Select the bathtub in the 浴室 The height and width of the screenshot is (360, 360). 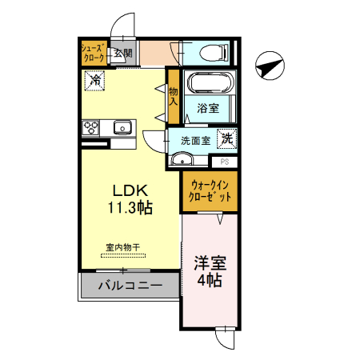point(208,84)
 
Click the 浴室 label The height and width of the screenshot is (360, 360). point(208,109)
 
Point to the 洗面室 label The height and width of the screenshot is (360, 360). point(195,140)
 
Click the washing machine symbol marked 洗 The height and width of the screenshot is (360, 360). point(228,138)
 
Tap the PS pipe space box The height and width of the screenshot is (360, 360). point(225,161)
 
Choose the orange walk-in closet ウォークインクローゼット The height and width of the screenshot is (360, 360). point(210,191)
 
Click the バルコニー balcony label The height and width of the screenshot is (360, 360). point(130,286)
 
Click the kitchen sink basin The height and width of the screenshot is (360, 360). point(122,126)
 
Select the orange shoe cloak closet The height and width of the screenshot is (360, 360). point(92,54)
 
